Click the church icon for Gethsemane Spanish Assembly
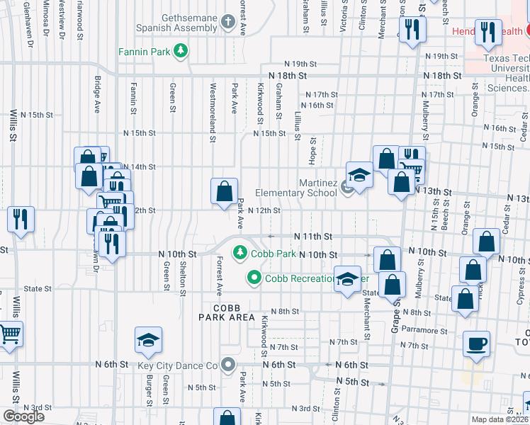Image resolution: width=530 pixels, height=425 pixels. coord(228,21)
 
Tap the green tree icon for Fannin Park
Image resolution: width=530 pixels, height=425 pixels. coord(181,50)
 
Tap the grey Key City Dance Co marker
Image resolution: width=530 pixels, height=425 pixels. coord(228,365)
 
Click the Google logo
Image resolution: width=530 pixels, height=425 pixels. coord(23,416)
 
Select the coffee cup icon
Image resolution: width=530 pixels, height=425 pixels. coord(476,344)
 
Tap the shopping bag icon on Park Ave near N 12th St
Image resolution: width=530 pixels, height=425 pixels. coord(224,191)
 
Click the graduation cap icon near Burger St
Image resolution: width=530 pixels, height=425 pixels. coord(148,341)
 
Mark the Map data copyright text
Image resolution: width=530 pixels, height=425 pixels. coord(500,419)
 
